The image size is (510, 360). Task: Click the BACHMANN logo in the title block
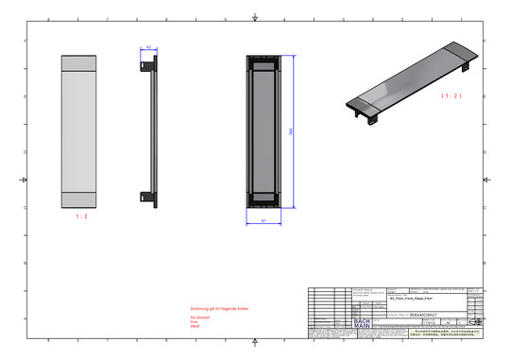tap(362, 322)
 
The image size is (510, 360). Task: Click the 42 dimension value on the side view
tap(147, 47)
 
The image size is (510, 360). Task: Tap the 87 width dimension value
tap(263, 220)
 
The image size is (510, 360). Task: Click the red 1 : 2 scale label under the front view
tap(81, 216)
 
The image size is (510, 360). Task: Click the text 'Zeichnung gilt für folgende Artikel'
tap(221, 308)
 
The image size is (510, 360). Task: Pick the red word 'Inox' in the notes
tap(195, 321)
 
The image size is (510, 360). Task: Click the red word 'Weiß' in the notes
tap(195, 327)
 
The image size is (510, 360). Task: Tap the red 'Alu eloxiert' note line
tap(201, 317)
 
